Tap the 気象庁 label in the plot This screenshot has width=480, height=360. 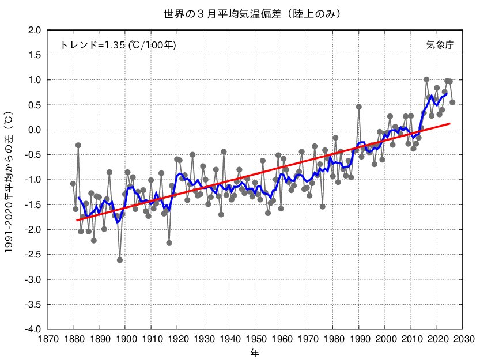click(440, 45)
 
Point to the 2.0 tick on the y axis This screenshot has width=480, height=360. click(32, 30)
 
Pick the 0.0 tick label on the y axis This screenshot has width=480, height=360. click(32, 130)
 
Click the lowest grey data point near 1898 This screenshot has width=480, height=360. click(120, 260)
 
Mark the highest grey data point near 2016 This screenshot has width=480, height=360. click(426, 79)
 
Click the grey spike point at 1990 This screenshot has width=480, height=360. click(359, 107)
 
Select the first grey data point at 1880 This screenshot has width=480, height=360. click(73, 184)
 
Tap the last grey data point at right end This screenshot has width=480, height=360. click(452, 103)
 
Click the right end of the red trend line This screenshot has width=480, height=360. click(449, 123)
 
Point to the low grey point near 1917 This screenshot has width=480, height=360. click(169, 243)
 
